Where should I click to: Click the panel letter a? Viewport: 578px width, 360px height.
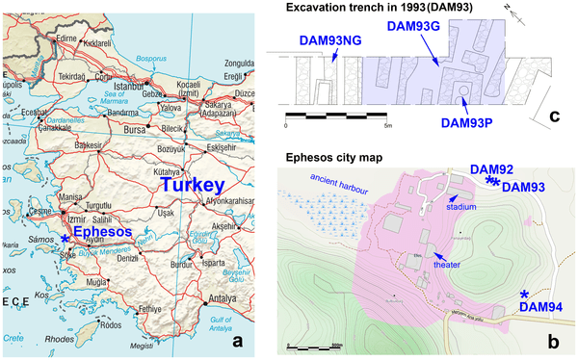pyautogui.click(x=245, y=338)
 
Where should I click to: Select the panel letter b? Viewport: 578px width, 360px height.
pyautogui.click(x=554, y=338)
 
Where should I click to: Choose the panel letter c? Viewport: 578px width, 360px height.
pyautogui.click(x=554, y=117)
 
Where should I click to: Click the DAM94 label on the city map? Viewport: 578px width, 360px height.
pyautogui.click(x=540, y=307)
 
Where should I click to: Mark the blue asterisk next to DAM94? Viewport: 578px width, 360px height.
pyautogui.click(x=525, y=295)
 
